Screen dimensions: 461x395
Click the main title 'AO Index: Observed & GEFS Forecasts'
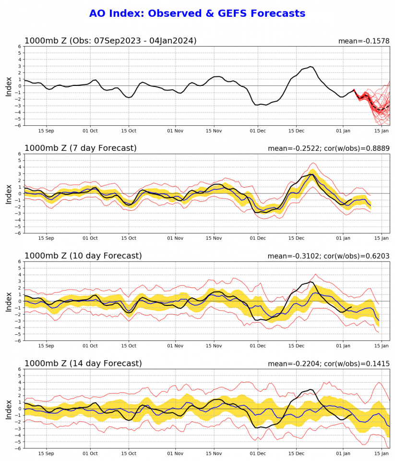click(x=197, y=13)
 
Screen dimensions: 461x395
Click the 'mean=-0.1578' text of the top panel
click(x=364, y=41)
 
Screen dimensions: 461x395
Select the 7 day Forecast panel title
click(x=81, y=148)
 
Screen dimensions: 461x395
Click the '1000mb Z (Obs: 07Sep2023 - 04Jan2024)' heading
click(x=110, y=41)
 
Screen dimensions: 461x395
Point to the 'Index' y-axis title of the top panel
click(x=9, y=86)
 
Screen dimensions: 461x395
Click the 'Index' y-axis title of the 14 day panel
click(x=9, y=409)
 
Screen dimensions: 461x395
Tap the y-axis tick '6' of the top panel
click(x=20, y=47)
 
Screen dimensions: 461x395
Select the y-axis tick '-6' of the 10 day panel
click(x=19, y=340)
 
